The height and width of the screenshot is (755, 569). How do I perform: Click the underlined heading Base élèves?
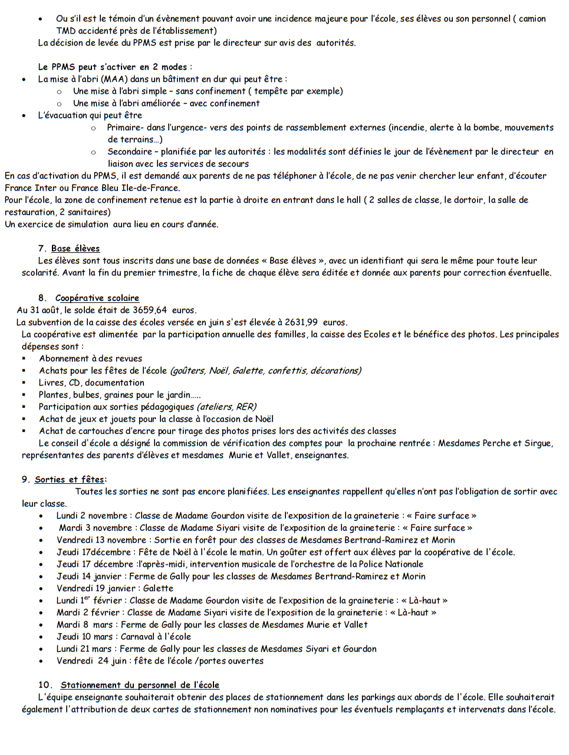75,249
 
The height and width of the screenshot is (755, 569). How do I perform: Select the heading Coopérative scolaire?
97,298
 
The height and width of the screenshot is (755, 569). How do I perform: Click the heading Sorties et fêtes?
69,480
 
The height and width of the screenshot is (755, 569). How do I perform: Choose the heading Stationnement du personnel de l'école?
140,685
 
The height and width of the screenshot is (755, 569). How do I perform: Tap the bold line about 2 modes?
114,67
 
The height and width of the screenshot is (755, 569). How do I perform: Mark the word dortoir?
467,200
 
